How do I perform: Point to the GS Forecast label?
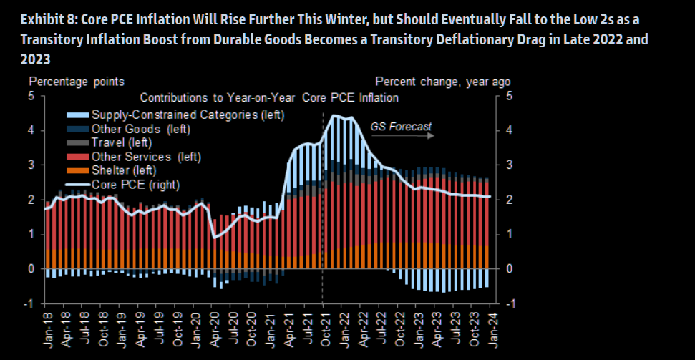point(401,127)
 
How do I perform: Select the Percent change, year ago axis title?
point(443,82)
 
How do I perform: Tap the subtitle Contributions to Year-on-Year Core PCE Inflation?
point(269,97)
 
